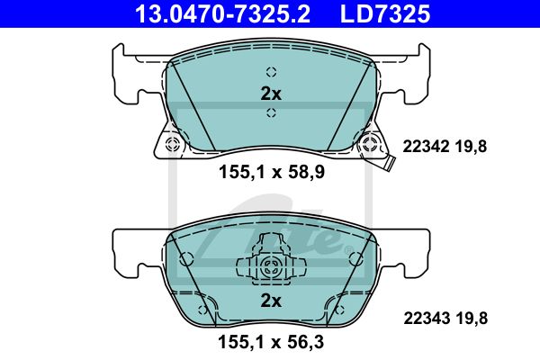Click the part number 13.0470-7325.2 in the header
222,13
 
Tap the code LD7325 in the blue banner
385,13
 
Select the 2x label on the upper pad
271,94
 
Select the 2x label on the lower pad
271,301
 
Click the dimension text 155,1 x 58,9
272,172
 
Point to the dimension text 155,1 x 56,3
271,342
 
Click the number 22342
426,147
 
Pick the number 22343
427,318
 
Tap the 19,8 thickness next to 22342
471,147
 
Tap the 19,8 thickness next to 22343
472,319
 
